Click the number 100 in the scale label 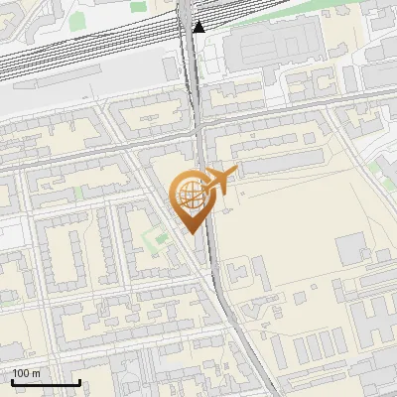22,373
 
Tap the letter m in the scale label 36,373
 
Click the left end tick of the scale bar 12,382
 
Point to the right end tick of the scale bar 79,382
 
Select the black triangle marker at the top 199,26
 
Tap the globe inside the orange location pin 189,195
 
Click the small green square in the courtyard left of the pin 151,239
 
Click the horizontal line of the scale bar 46,383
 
